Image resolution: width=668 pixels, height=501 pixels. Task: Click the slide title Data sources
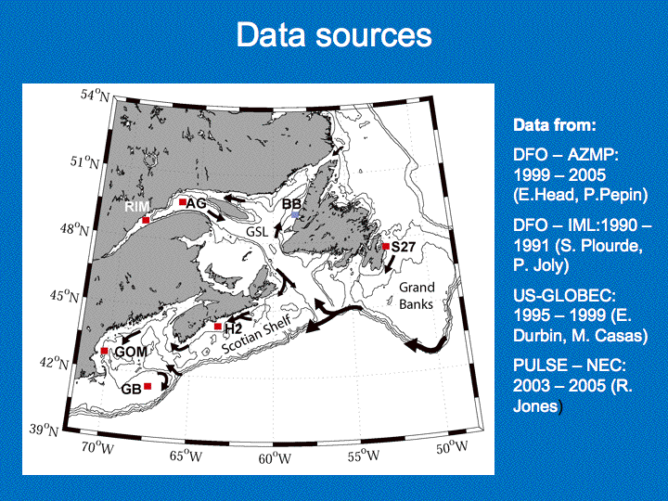(x=334, y=35)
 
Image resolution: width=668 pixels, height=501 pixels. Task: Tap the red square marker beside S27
(x=386, y=246)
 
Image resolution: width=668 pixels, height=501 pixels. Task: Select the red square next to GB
(x=148, y=386)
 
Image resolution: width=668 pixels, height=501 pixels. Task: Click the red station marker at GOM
(x=104, y=351)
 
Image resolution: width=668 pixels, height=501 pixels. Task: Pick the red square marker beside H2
(x=218, y=327)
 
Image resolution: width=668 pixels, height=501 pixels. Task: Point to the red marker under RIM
(x=146, y=220)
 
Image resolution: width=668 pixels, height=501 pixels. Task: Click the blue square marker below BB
(x=295, y=214)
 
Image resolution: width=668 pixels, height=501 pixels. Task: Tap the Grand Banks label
(x=417, y=296)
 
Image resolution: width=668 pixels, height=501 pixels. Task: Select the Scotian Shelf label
(x=257, y=334)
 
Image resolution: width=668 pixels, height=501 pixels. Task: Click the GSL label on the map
(x=257, y=231)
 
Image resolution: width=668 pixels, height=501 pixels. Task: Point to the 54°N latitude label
(x=95, y=95)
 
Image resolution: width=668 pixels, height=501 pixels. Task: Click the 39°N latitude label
(x=44, y=430)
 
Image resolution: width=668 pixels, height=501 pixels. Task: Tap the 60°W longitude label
(x=275, y=458)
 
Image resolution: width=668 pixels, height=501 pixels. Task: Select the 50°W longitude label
(x=452, y=447)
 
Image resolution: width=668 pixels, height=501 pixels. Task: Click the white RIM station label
(x=137, y=207)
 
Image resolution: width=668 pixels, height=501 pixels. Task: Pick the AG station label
(x=197, y=203)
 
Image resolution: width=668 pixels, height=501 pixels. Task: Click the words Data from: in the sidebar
(x=554, y=125)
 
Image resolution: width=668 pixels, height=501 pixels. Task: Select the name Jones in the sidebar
(x=535, y=405)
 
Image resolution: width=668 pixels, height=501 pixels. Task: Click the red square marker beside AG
(x=183, y=201)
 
